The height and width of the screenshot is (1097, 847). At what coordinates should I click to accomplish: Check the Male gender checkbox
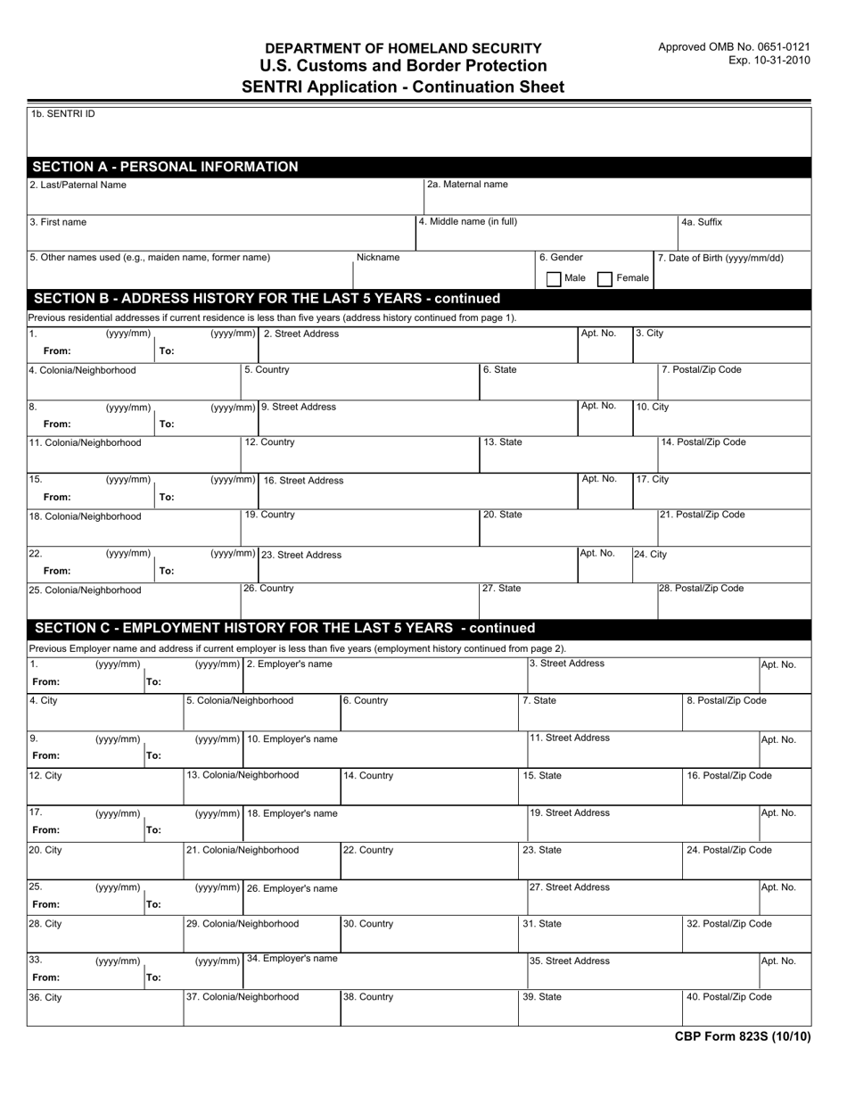click(554, 278)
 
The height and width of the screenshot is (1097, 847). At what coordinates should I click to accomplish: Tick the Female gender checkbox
click(605, 278)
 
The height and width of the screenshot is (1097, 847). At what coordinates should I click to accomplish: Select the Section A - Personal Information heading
click(165, 167)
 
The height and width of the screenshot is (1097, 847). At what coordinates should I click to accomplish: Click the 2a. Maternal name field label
click(467, 185)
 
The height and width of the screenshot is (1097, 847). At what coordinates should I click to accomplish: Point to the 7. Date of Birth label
click(720, 258)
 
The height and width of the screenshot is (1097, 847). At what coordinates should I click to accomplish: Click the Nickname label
click(378, 258)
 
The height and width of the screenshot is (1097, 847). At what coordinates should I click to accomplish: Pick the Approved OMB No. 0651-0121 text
click(735, 46)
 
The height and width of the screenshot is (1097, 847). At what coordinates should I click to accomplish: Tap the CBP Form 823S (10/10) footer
click(742, 1036)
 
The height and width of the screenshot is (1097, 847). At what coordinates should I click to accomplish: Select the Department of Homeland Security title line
click(403, 48)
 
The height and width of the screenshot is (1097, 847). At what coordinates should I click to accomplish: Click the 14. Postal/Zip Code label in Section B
click(703, 442)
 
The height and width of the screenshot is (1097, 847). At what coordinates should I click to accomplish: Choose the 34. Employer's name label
click(292, 959)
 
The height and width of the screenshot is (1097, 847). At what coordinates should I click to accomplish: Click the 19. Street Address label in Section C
click(570, 812)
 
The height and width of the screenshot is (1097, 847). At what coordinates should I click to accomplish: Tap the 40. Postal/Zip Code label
click(728, 997)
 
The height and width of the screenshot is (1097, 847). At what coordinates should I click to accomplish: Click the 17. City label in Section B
click(652, 479)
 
